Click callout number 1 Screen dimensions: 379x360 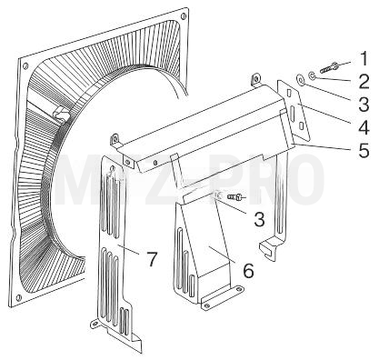tap(363, 58)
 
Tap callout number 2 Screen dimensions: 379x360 tap(364, 81)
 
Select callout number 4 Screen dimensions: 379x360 tap(364, 127)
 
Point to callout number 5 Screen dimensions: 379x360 tap(364, 150)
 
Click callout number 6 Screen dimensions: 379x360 tap(248, 270)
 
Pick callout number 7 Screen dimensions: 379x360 tap(152, 259)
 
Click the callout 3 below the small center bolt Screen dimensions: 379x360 tap(259, 219)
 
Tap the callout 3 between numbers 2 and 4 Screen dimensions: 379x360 tap(364, 104)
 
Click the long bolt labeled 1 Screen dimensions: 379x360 tap(330, 66)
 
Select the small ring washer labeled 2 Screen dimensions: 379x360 tap(312, 75)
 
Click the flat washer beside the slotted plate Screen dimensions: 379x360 tap(300, 79)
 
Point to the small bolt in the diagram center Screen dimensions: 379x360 tap(236, 197)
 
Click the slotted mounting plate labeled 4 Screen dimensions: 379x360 tap(294, 111)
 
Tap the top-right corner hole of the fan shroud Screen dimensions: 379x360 tap(183, 15)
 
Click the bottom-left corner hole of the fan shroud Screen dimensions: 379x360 tap(18, 296)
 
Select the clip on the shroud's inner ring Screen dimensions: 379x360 tap(62, 114)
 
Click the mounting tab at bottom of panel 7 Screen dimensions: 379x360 tap(95, 324)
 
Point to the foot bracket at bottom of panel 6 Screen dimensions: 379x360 tap(222, 297)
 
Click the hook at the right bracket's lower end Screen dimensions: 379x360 tap(269, 249)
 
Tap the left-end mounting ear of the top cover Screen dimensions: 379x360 tap(115, 140)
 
